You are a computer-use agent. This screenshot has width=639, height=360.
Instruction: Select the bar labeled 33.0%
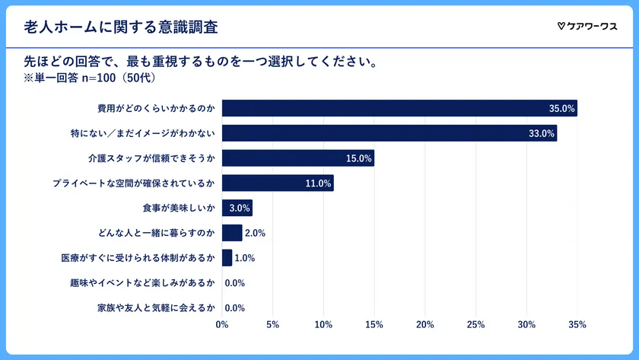389,134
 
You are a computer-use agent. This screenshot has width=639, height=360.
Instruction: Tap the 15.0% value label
358,159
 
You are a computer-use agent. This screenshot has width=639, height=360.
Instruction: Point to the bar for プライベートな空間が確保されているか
277,183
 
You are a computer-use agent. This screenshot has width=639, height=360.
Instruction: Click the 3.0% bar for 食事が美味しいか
237,209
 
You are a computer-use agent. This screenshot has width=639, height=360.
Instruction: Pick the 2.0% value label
255,234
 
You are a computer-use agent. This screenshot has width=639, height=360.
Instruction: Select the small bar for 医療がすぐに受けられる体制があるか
227,258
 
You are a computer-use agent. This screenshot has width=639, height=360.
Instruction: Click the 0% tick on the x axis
222,326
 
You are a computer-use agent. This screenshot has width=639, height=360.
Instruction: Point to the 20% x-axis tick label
424,326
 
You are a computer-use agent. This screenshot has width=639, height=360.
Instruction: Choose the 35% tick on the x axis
577,326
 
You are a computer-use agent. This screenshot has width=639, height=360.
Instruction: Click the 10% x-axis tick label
323,326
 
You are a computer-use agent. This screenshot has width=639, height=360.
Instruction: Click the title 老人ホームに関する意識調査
121,27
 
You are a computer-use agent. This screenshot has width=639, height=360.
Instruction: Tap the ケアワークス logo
587,27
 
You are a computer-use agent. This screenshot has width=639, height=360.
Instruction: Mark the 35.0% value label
561,109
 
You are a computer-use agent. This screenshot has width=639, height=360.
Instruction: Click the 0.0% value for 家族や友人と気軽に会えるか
234,308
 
